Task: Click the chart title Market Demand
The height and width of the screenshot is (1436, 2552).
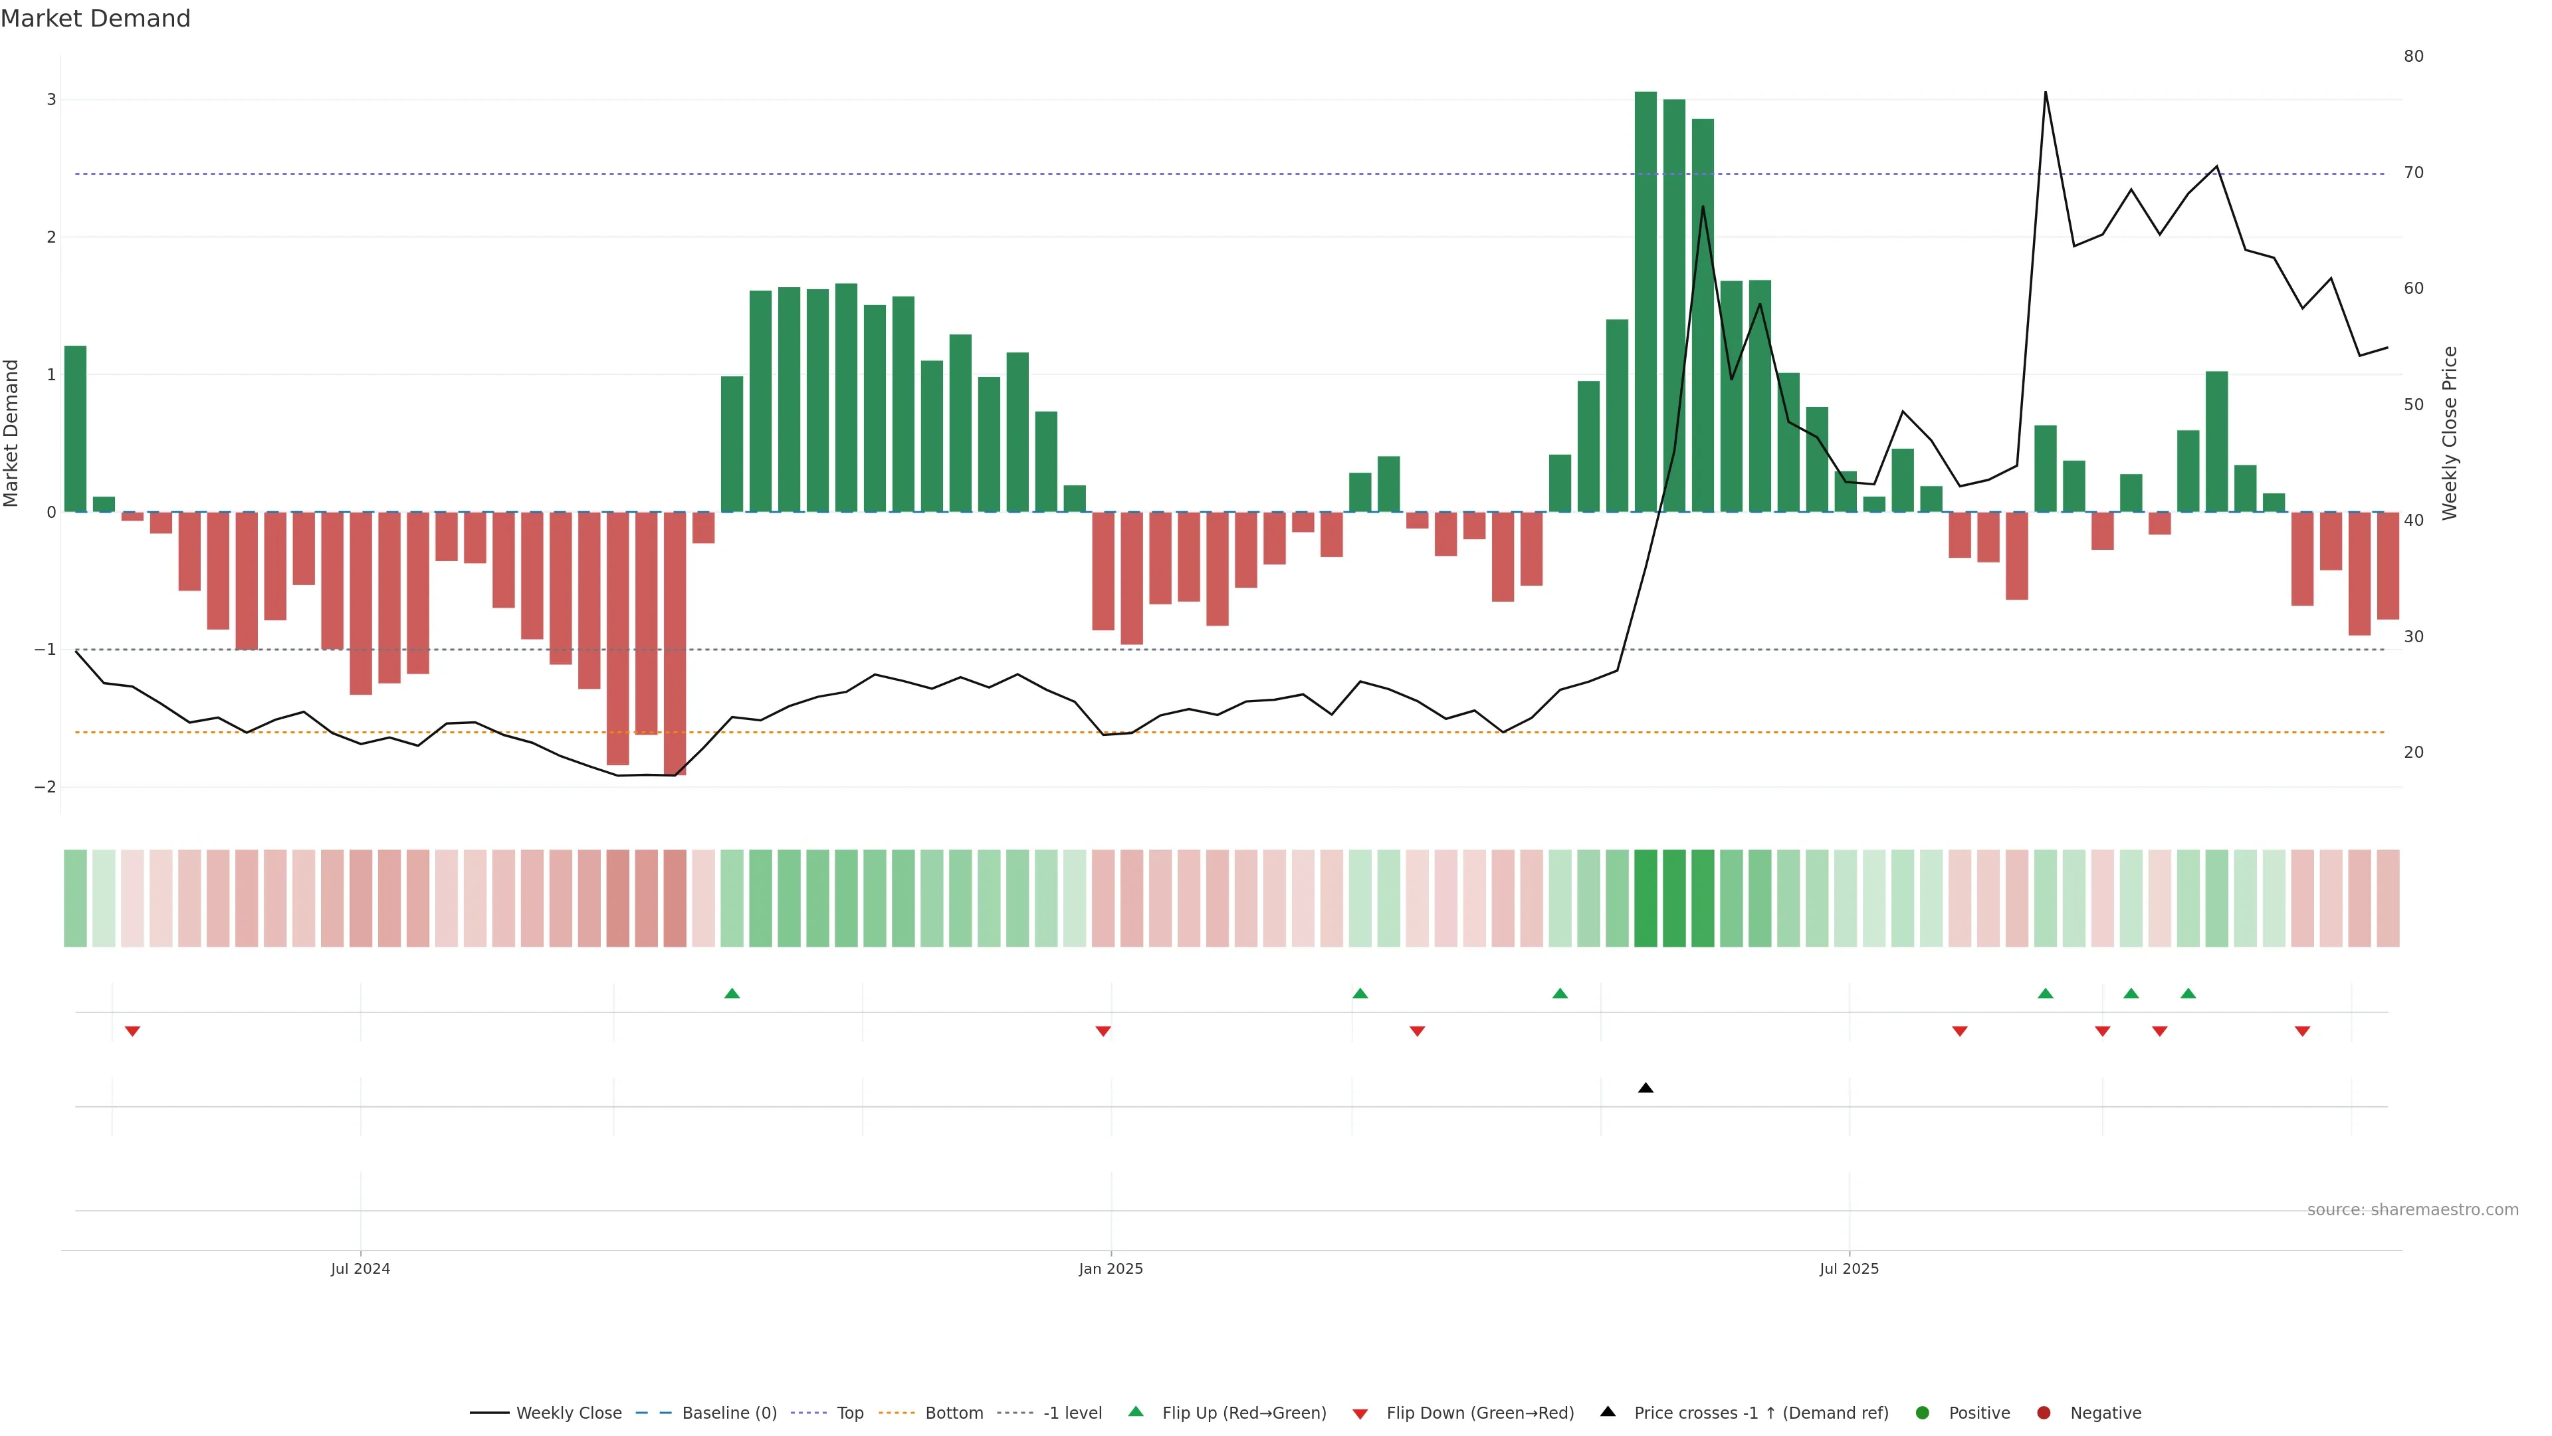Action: (x=95, y=19)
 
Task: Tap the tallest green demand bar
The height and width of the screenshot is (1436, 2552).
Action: (x=1645, y=297)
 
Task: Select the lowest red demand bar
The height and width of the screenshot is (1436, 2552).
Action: (x=675, y=644)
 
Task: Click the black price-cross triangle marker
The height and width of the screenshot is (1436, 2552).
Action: (x=1646, y=1088)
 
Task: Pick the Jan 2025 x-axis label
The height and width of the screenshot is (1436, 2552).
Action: (x=1111, y=1268)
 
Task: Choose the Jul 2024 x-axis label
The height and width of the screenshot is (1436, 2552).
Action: (x=361, y=1268)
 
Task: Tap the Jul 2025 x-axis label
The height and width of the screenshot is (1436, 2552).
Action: (x=1849, y=1268)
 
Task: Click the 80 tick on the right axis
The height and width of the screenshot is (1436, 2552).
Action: (x=2413, y=57)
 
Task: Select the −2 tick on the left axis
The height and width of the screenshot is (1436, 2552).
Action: (x=46, y=787)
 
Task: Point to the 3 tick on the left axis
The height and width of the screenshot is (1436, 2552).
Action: (x=52, y=100)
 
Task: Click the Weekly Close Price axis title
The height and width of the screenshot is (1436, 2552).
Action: (x=2450, y=433)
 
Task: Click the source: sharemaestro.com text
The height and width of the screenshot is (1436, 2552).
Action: (x=2412, y=1210)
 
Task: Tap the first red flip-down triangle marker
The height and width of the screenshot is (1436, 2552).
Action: (x=132, y=1032)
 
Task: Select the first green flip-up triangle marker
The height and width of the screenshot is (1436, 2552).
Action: (x=732, y=993)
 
